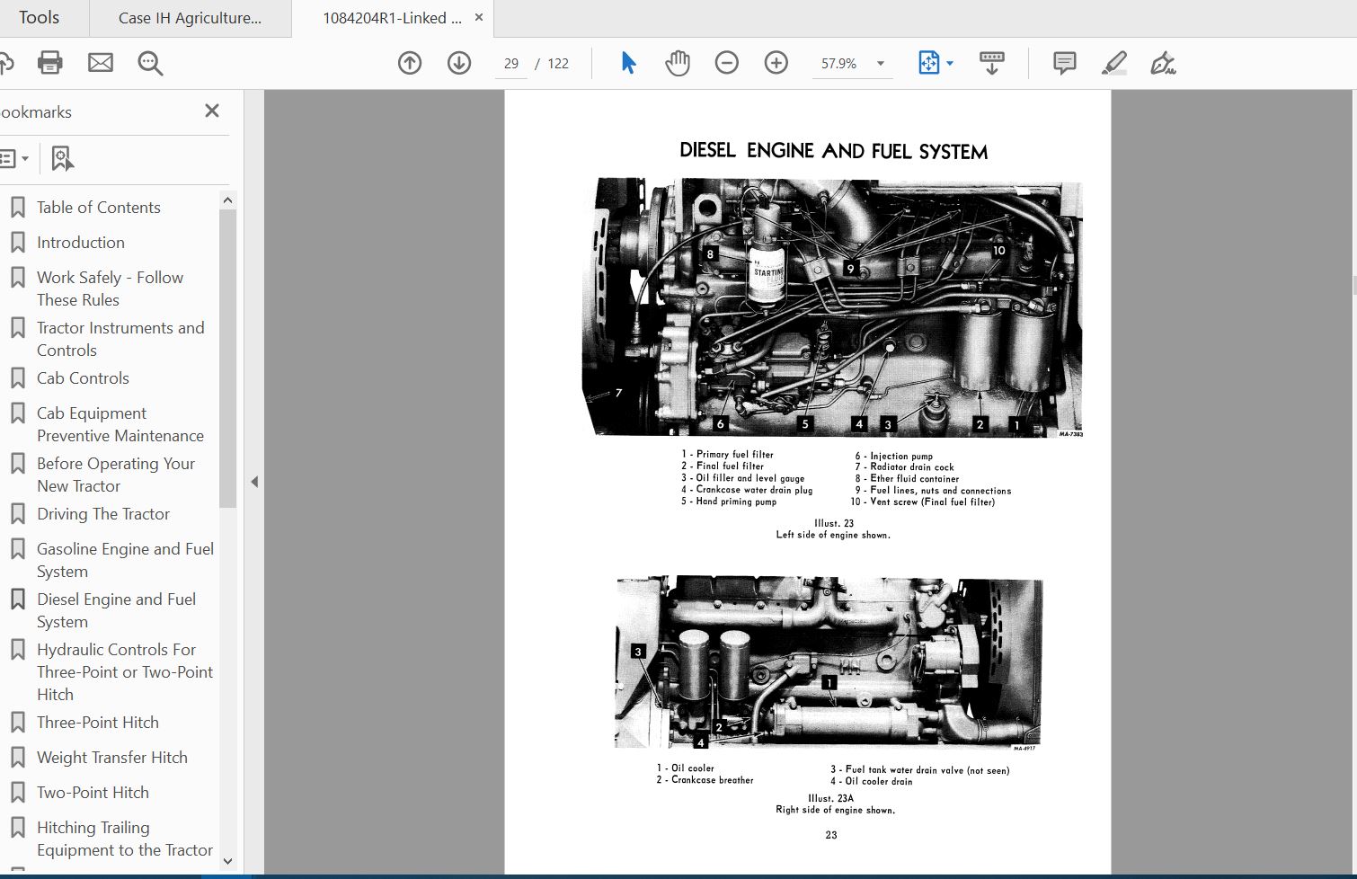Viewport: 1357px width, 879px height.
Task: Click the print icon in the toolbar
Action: [50, 63]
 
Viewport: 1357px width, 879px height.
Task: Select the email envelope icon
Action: [101, 63]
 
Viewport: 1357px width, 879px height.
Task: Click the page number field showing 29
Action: [511, 64]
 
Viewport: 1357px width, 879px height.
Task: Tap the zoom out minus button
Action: [726, 63]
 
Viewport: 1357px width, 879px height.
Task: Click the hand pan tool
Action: [677, 63]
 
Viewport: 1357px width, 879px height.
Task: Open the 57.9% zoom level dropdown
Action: [881, 64]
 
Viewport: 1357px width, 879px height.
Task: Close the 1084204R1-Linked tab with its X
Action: [479, 17]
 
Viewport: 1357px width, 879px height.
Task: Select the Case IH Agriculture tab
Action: [190, 18]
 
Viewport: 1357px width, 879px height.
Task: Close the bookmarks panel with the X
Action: [212, 111]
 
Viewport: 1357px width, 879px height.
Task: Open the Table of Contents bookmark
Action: [98, 208]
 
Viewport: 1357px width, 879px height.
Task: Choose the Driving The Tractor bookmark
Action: [102, 514]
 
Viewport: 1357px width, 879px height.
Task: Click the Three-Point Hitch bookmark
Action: [97, 723]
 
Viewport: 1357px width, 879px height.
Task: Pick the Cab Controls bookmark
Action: [83, 378]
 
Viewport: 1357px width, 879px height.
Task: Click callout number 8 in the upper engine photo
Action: [710, 254]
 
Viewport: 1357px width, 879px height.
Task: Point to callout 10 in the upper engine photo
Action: [998, 251]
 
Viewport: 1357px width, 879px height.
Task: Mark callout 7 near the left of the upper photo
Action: [618, 393]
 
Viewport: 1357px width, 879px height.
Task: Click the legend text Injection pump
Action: [900, 457]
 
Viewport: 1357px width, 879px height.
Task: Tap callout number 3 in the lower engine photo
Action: [638, 652]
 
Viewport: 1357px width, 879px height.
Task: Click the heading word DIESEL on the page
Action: [707, 151]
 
